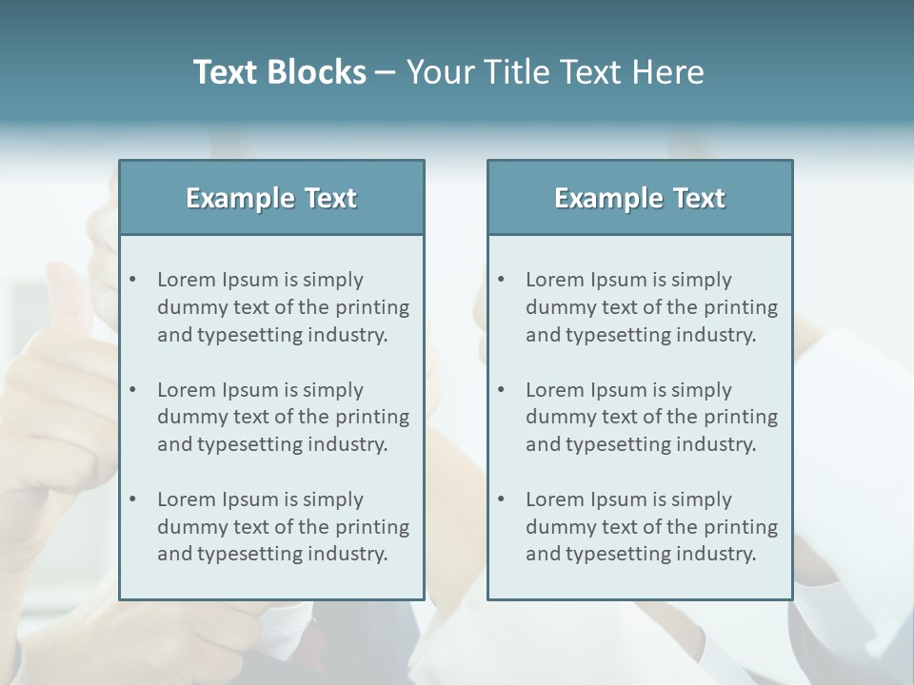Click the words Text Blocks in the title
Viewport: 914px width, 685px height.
pos(279,72)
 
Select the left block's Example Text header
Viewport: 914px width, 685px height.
pos(271,198)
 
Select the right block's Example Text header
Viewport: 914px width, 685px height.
pos(640,198)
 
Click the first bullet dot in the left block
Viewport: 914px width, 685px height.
pos(133,280)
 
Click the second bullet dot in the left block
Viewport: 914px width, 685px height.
pos(133,390)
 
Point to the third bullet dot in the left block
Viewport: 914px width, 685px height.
pos(133,499)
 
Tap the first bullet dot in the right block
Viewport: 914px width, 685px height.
pos(502,280)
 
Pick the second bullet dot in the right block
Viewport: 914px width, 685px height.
pos(502,390)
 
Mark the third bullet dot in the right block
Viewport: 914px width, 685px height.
pos(502,499)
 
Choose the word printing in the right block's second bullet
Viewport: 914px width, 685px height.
pos(744,417)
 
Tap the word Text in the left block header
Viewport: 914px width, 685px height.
pos(330,198)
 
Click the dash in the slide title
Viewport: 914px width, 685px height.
pos(386,72)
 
